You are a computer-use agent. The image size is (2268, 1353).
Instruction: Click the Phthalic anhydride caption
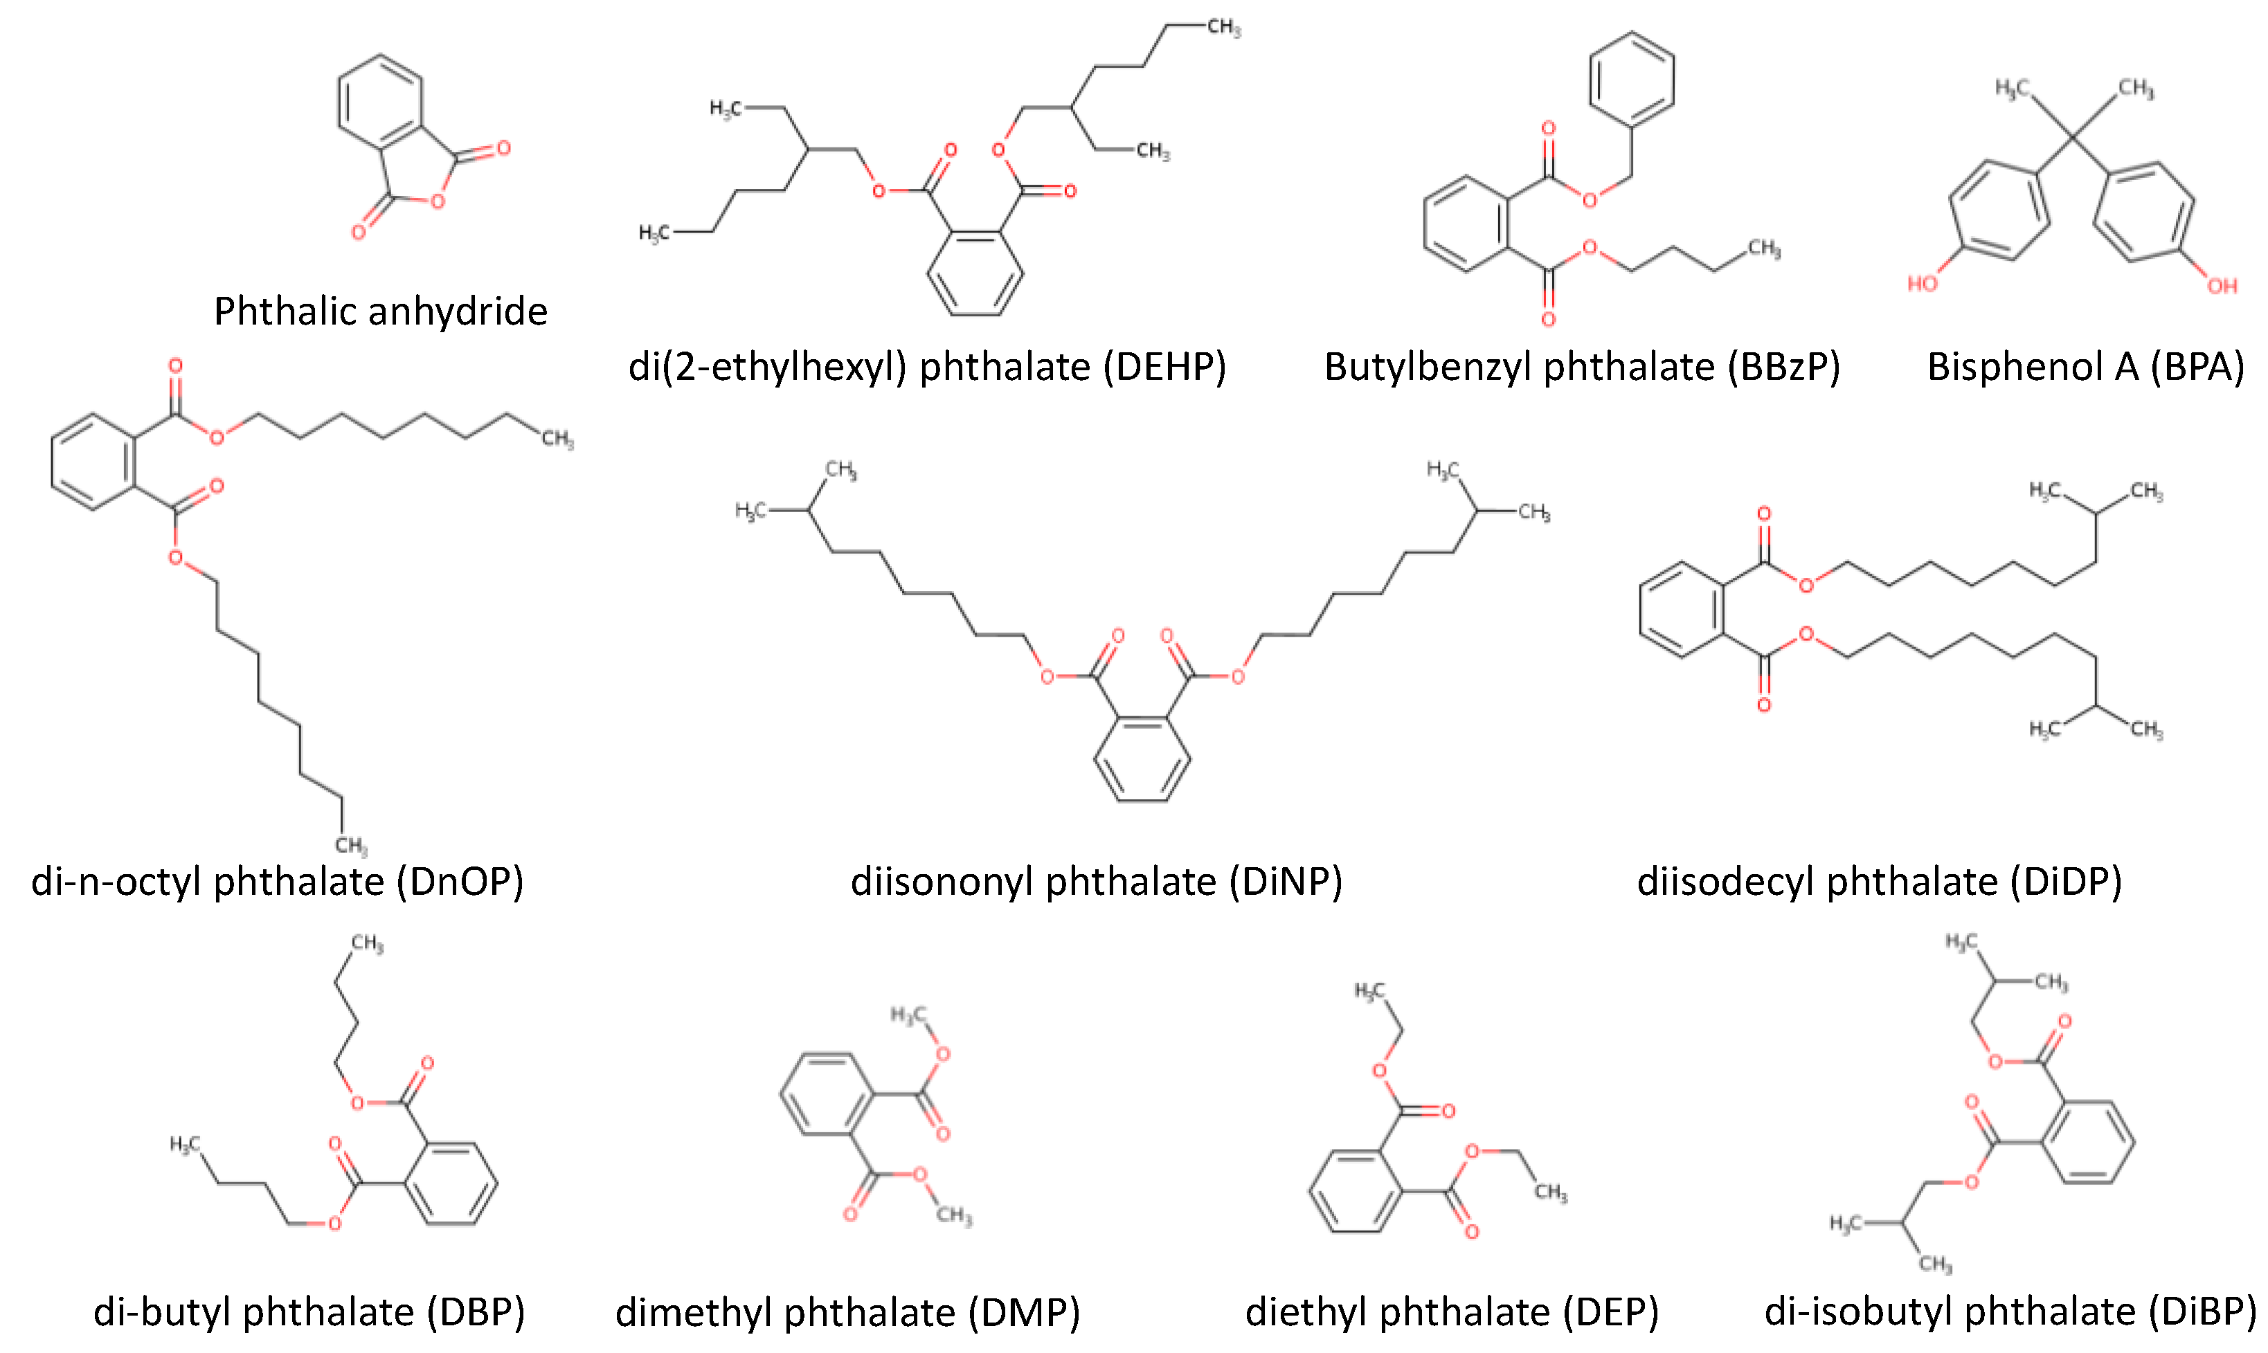tap(380, 312)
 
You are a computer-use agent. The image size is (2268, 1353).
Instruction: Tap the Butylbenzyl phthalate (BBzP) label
tap(1581, 367)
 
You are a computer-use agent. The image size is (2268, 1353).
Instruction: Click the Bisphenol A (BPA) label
tap(2085, 367)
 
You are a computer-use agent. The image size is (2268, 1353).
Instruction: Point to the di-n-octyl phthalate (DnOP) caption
tap(277, 882)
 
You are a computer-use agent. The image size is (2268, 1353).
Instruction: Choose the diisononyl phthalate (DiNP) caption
tap(1096, 882)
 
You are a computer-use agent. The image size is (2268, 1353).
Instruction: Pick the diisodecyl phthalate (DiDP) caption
tap(1880, 882)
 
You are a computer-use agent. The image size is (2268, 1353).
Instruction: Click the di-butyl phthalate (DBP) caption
tap(309, 1312)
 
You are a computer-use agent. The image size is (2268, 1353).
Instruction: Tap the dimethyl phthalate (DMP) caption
tap(847, 1313)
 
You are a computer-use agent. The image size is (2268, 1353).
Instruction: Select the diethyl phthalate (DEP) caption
tap(1452, 1312)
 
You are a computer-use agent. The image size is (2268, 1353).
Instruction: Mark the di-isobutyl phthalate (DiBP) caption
tap(2010, 1312)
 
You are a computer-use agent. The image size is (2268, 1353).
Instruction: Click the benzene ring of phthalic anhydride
tap(380, 102)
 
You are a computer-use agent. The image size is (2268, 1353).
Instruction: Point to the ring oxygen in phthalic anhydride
tap(438, 201)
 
